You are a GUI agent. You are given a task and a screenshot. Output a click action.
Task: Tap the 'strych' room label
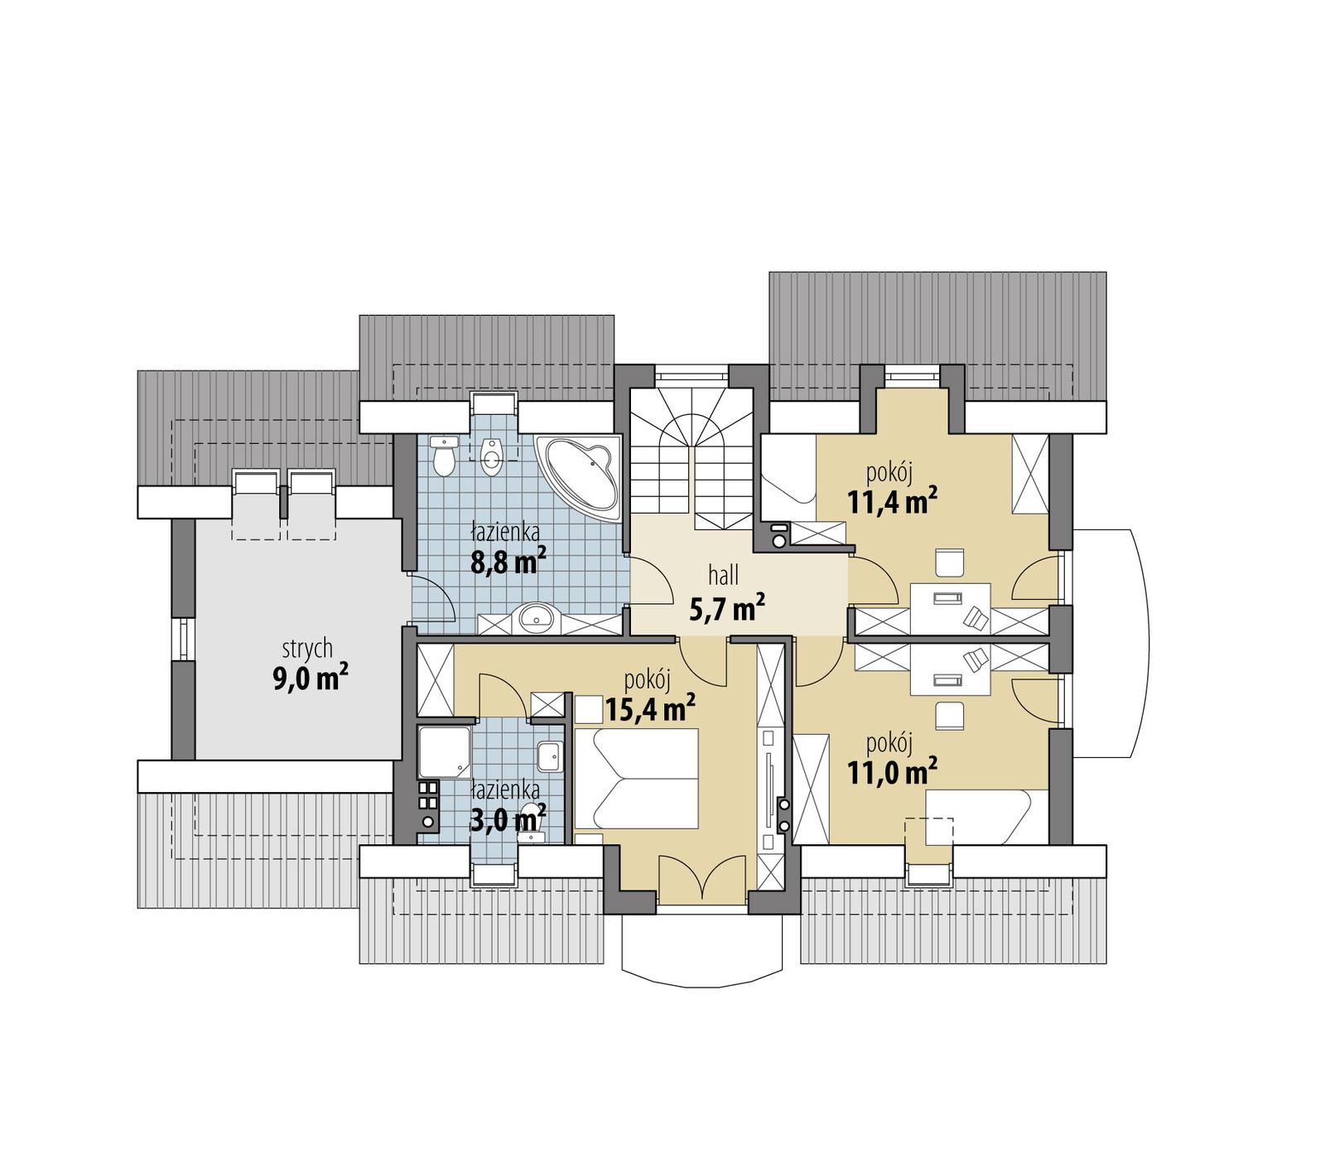point(307,648)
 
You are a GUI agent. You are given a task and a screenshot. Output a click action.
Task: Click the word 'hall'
point(723,574)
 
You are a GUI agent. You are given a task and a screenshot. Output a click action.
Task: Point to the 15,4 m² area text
point(649,709)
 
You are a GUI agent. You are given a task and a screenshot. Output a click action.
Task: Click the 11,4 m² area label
point(892,501)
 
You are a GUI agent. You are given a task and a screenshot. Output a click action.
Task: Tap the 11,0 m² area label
point(892,772)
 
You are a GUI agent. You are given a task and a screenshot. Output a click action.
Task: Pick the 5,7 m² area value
point(726,610)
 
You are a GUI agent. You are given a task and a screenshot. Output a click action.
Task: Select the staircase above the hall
point(691,464)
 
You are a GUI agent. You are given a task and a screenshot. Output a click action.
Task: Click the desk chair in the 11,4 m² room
point(950,563)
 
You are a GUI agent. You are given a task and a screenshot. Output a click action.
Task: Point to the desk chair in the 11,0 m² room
point(950,716)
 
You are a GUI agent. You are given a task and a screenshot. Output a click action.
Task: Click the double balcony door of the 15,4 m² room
point(702,880)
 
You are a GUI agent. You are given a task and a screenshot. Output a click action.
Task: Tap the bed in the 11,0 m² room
point(977,816)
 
